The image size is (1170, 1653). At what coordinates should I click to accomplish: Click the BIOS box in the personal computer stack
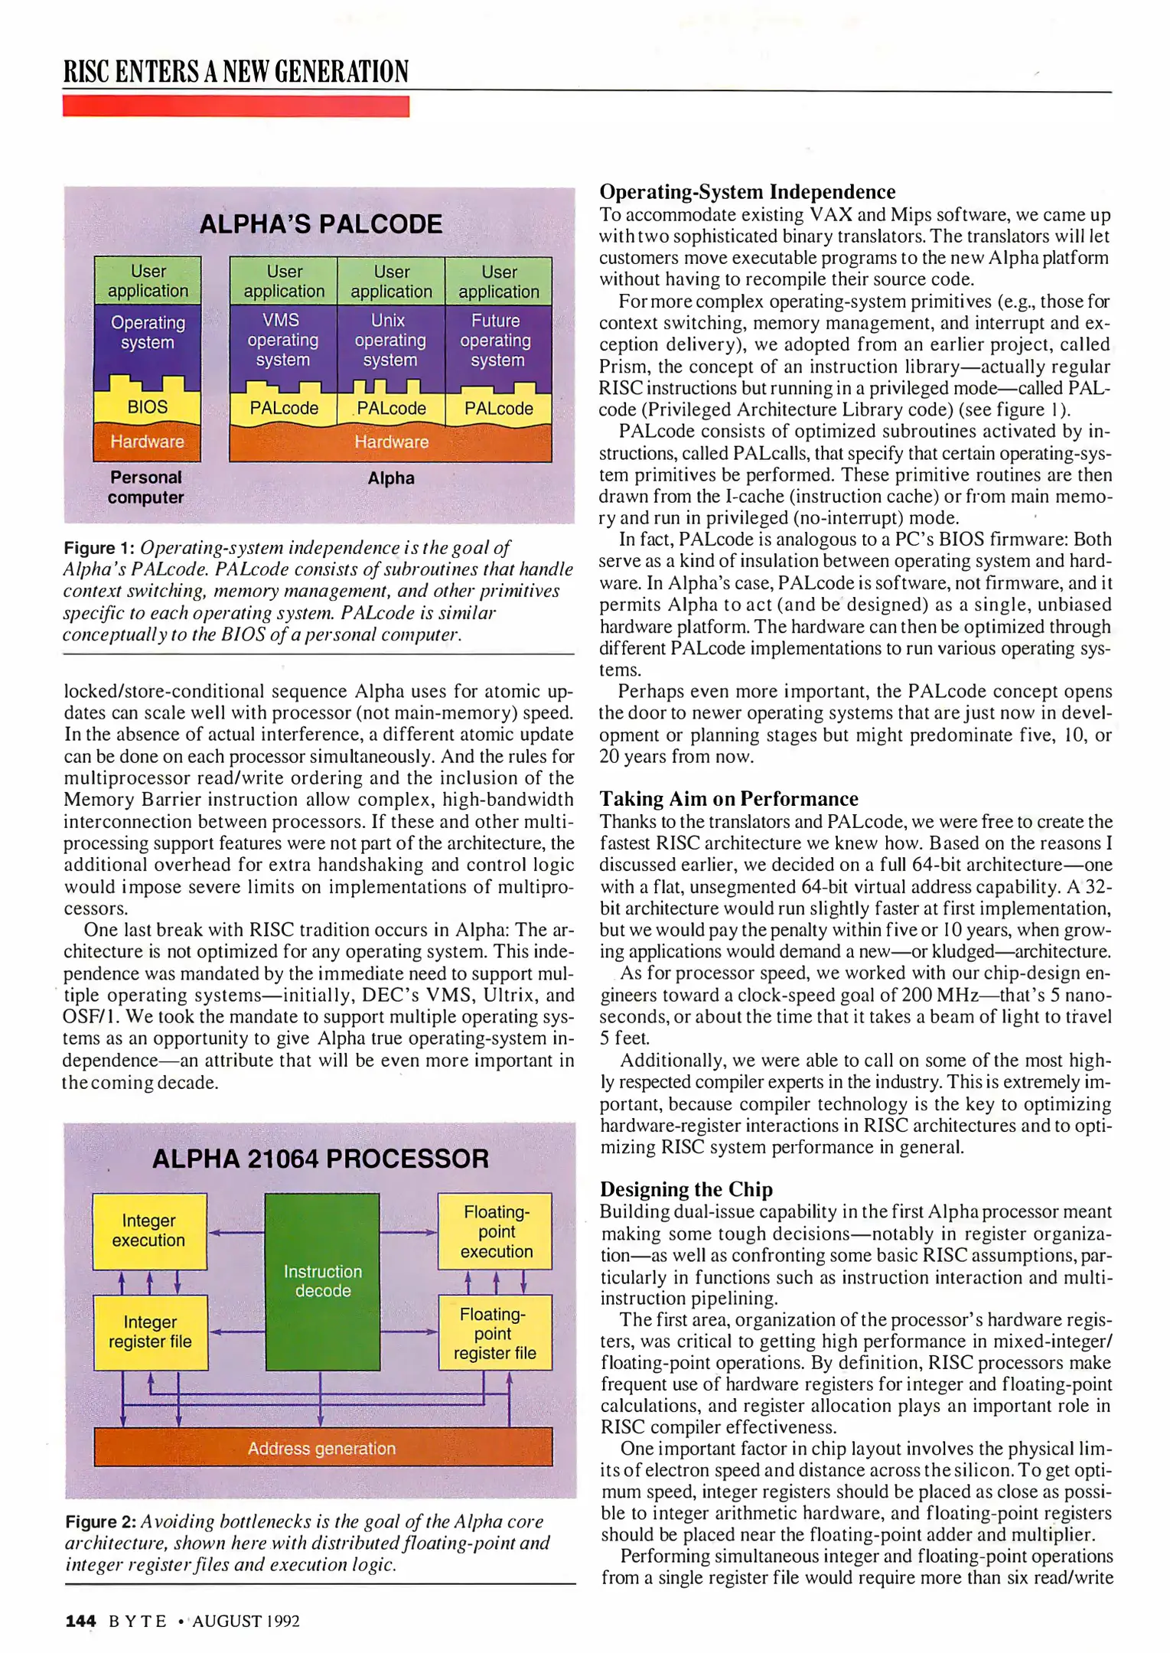click(x=147, y=407)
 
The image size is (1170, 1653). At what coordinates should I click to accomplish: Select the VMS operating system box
click(x=283, y=341)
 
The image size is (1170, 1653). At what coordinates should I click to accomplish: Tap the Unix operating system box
click(x=390, y=341)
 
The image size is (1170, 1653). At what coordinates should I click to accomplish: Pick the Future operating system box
click(x=497, y=341)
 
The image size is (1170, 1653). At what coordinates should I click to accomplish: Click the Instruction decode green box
click(x=322, y=1281)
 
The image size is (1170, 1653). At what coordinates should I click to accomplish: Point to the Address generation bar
click(x=322, y=1448)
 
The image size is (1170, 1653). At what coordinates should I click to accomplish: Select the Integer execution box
click(x=149, y=1231)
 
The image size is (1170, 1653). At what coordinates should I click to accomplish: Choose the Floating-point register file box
click(x=494, y=1333)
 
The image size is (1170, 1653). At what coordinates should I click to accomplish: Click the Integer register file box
click(x=150, y=1332)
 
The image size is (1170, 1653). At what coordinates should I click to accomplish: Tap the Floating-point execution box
click(x=495, y=1231)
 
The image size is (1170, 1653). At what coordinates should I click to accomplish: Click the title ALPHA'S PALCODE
click(x=321, y=224)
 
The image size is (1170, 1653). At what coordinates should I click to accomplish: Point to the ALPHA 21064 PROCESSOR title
click(x=321, y=1159)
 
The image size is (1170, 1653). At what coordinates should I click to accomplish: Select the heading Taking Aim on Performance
click(x=728, y=799)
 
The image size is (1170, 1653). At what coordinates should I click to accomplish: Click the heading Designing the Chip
click(x=686, y=1189)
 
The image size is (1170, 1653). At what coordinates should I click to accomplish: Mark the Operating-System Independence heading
click(x=747, y=191)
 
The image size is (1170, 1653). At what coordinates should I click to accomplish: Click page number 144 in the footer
click(x=80, y=1621)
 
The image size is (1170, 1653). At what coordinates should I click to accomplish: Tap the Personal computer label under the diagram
click(x=146, y=487)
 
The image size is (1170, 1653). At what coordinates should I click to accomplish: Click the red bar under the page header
click(x=236, y=106)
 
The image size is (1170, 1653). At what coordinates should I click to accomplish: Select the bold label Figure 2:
click(x=100, y=1521)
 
